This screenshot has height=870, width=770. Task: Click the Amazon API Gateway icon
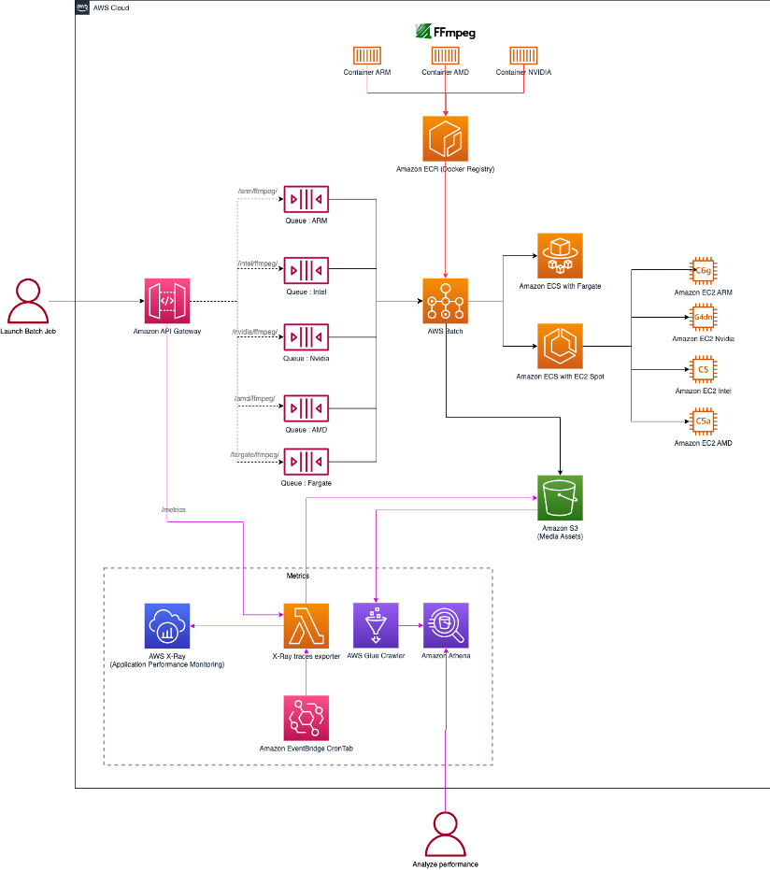pyautogui.click(x=167, y=301)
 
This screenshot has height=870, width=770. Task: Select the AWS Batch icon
pyautogui.click(x=446, y=301)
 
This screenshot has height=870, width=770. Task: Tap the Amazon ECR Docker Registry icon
pyautogui.click(x=446, y=138)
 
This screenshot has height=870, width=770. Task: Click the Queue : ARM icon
pyautogui.click(x=307, y=199)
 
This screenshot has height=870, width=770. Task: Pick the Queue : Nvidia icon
pyautogui.click(x=307, y=336)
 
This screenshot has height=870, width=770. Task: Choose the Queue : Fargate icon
pyautogui.click(x=307, y=461)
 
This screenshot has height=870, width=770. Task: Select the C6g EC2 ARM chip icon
pyautogui.click(x=703, y=271)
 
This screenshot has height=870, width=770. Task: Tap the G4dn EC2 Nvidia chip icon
pyautogui.click(x=703, y=318)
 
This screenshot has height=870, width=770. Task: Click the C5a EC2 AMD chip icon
pyautogui.click(x=703, y=421)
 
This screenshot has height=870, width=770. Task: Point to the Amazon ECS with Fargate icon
pyautogui.click(x=560, y=255)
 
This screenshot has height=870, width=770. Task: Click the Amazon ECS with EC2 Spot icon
pyautogui.click(x=560, y=347)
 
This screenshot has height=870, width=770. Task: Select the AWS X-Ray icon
pyautogui.click(x=168, y=625)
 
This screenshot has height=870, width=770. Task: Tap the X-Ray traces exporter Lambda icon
pyautogui.click(x=307, y=625)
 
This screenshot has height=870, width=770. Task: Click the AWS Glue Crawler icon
pyautogui.click(x=376, y=625)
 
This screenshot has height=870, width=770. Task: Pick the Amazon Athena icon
pyautogui.click(x=446, y=625)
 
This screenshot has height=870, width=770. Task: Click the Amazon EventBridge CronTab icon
pyautogui.click(x=307, y=718)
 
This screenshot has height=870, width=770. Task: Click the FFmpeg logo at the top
pyautogui.click(x=446, y=32)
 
